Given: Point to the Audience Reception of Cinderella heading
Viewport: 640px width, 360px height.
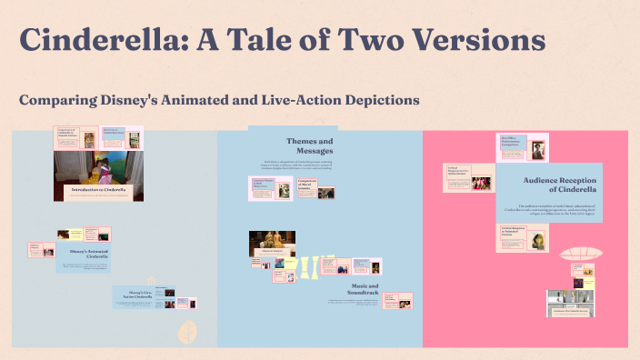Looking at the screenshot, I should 559,185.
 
